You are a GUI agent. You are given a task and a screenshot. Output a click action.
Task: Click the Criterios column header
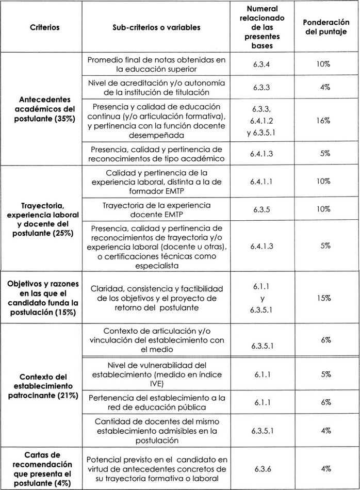tap(44, 27)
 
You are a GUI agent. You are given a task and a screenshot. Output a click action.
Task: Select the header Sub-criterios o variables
tap(157, 27)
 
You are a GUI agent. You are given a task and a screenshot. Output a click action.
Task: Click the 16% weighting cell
tap(324, 119)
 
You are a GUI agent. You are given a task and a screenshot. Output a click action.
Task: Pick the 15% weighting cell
tap(324, 298)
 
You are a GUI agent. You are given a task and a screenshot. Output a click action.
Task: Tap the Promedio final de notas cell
tap(157, 64)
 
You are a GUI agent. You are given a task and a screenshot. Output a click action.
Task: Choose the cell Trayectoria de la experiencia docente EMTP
tap(157, 209)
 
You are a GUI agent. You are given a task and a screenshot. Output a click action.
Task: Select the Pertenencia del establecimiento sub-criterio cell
tap(157, 403)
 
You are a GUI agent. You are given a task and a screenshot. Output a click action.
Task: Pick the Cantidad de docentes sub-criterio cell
tap(157, 431)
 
